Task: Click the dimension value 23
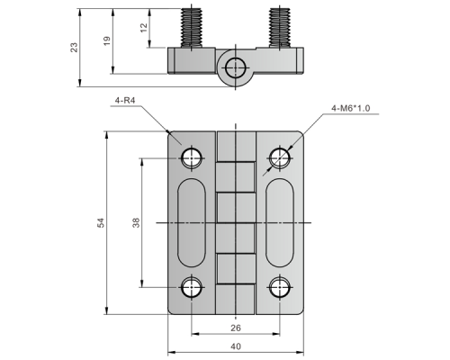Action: [x=74, y=48]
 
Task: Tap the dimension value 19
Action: [x=107, y=40]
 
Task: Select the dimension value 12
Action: [x=144, y=28]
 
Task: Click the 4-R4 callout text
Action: [x=125, y=100]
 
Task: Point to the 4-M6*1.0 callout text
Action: [x=350, y=108]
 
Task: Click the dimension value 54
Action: [x=102, y=222]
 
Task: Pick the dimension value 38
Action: [x=136, y=222]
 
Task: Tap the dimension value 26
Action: [x=236, y=328]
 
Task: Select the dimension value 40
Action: [x=236, y=346]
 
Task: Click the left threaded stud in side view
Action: [x=192, y=27]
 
